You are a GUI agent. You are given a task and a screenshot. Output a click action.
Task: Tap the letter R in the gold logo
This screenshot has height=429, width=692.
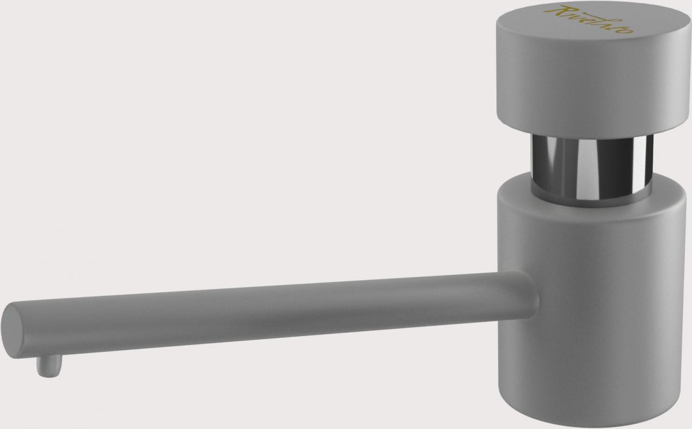[x=564, y=12]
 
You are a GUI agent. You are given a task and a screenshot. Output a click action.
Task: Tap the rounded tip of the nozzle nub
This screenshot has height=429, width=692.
[x=48, y=373]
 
